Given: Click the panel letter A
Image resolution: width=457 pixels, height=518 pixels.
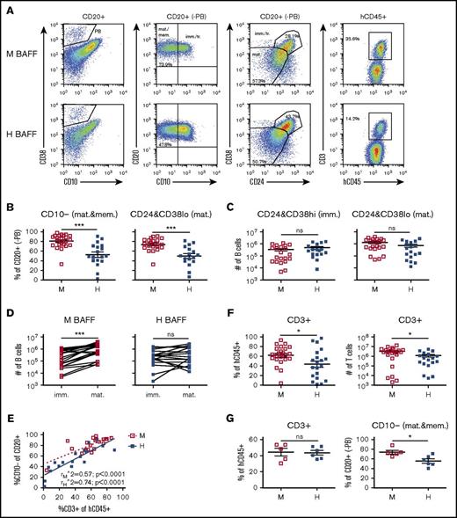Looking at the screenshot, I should click(x=8, y=7).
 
